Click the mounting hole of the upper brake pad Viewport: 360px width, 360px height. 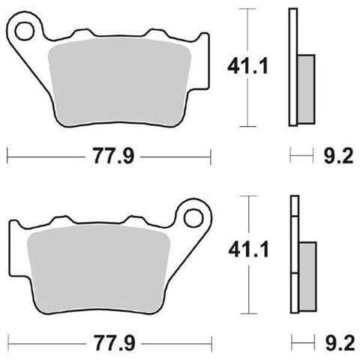(24, 31)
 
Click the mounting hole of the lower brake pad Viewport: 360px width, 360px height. (193, 218)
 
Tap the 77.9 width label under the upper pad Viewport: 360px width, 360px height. (113, 156)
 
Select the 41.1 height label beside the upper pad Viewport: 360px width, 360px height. (247, 66)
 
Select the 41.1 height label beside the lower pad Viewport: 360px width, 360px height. (248, 250)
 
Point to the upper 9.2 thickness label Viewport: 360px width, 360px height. (338, 156)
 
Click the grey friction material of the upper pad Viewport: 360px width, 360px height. (119, 82)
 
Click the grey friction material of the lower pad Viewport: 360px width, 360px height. (99, 269)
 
